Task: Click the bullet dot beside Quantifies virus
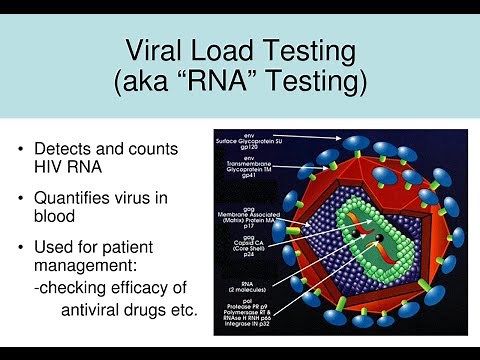(23, 198)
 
